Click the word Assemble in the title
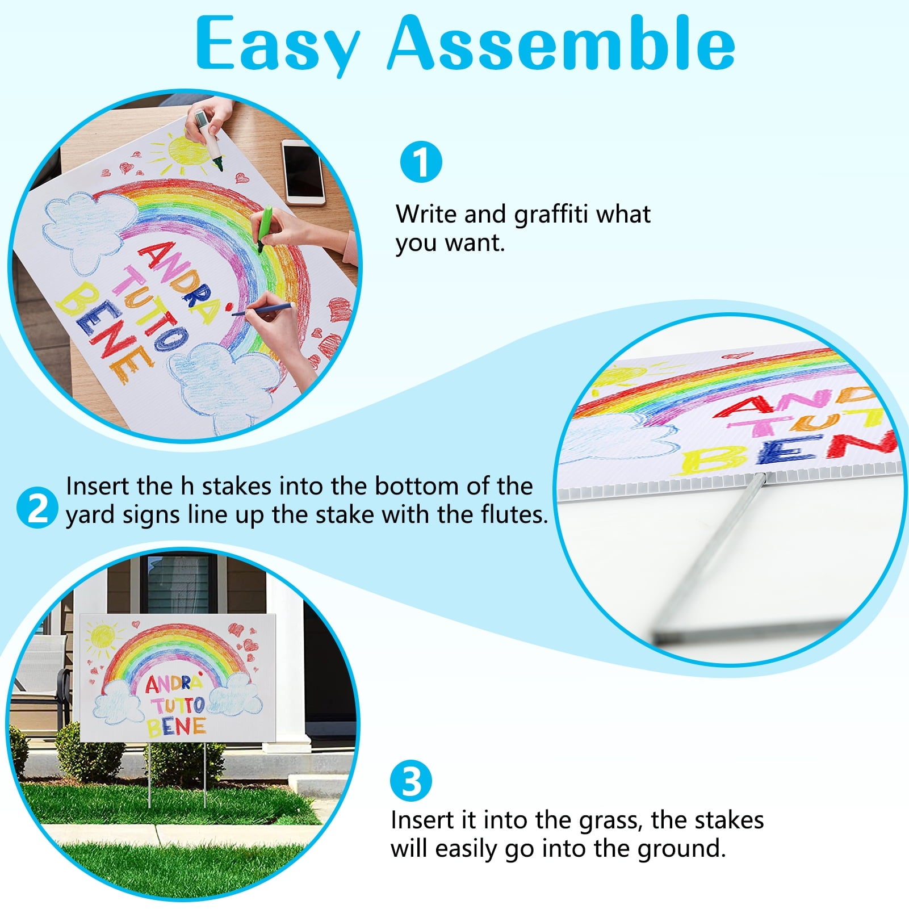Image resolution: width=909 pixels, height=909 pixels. tap(562, 43)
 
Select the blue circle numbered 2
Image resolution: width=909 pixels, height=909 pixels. tap(37, 508)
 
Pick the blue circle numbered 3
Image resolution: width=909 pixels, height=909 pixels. tap(411, 781)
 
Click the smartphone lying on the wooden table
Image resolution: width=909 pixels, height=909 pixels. tap(304, 172)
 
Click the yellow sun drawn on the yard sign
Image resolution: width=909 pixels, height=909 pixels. tap(103, 635)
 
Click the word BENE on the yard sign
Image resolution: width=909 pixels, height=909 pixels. tap(176, 726)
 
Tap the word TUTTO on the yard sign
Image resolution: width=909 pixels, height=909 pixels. tap(178, 706)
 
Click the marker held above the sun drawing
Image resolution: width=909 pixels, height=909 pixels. tap(208, 139)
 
